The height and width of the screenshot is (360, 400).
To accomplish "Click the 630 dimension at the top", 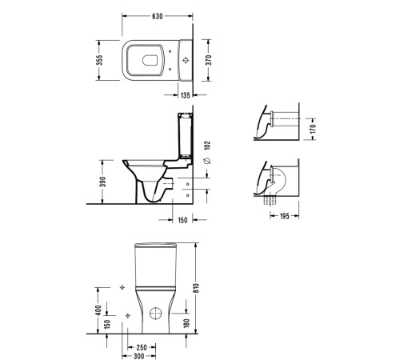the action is point(158,16).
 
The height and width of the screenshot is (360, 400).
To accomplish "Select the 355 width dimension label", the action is point(99,60).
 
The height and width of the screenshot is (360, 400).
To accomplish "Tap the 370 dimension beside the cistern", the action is point(209,60).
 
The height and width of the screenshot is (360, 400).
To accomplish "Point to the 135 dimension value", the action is point(185,95).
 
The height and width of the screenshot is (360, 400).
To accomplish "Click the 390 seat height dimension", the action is point(103,182).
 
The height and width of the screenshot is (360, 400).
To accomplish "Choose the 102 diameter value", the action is point(207,146).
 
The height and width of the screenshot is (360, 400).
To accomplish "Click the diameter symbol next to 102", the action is point(207,161).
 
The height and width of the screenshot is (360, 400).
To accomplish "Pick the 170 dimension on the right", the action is point(313,129).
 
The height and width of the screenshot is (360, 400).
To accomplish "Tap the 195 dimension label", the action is point(285,216).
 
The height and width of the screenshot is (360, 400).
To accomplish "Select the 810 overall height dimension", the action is point(196,288).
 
